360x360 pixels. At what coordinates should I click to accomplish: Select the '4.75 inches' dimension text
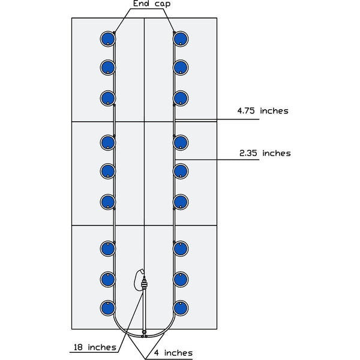pyautogui.click(x=263, y=111)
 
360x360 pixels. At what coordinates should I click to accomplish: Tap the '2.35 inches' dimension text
pyautogui.click(x=265, y=153)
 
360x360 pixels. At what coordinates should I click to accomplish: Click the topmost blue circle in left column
pyautogui.click(x=108, y=39)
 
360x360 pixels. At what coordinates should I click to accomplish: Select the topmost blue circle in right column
pyautogui.click(x=180, y=39)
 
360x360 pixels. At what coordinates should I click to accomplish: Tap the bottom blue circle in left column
pyautogui.click(x=108, y=308)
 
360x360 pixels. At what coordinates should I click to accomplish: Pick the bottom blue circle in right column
pyautogui.click(x=180, y=308)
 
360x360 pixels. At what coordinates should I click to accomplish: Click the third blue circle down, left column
pyautogui.click(x=108, y=97)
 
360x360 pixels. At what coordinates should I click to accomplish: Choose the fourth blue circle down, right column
pyautogui.click(x=180, y=142)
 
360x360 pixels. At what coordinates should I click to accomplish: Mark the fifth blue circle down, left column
pyautogui.click(x=108, y=172)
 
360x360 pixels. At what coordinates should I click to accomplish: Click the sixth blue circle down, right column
pyautogui.click(x=180, y=201)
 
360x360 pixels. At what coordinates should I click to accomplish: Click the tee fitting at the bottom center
pyautogui.click(x=144, y=332)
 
